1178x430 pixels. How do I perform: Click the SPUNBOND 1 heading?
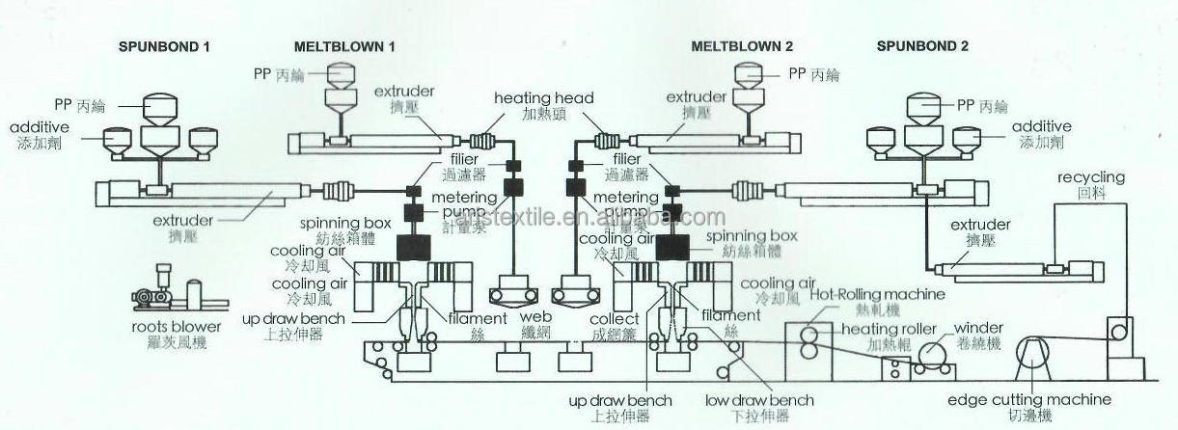tap(163, 46)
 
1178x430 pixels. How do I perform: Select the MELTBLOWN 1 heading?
tap(344, 46)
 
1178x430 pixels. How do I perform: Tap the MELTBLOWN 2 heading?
tap(743, 46)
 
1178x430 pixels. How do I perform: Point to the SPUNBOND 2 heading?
tap(922, 46)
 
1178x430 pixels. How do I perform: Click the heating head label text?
tap(544, 98)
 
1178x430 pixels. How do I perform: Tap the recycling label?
tap(1091, 177)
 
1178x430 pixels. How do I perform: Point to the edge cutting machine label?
tap(1028, 399)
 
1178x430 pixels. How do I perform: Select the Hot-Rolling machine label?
tap(877, 294)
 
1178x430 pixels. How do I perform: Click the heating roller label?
tap(889, 329)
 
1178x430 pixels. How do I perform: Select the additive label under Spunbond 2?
tap(1041, 126)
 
